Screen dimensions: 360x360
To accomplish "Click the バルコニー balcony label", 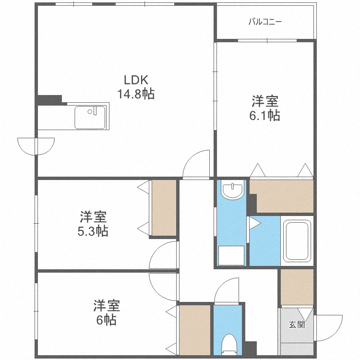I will (x=265, y=22).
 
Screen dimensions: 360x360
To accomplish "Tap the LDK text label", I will (x=136, y=80).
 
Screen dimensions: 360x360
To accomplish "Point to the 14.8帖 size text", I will (x=136, y=94).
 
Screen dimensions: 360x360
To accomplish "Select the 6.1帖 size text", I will (x=265, y=115).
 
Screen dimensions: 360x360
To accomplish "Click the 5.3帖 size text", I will (x=93, y=231).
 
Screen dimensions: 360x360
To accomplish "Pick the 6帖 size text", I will (x=106, y=320).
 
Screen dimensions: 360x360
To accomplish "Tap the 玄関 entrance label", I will (x=296, y=324).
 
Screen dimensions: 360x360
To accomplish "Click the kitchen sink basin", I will (x=90, y=118).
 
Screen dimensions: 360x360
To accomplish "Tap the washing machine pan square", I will (x=231, y=255).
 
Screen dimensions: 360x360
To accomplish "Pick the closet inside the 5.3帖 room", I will (x=164, y=208).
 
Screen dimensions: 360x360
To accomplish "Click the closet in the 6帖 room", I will (x=194, y=330).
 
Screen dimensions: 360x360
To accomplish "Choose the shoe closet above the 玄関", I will (x=297, y=287).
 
